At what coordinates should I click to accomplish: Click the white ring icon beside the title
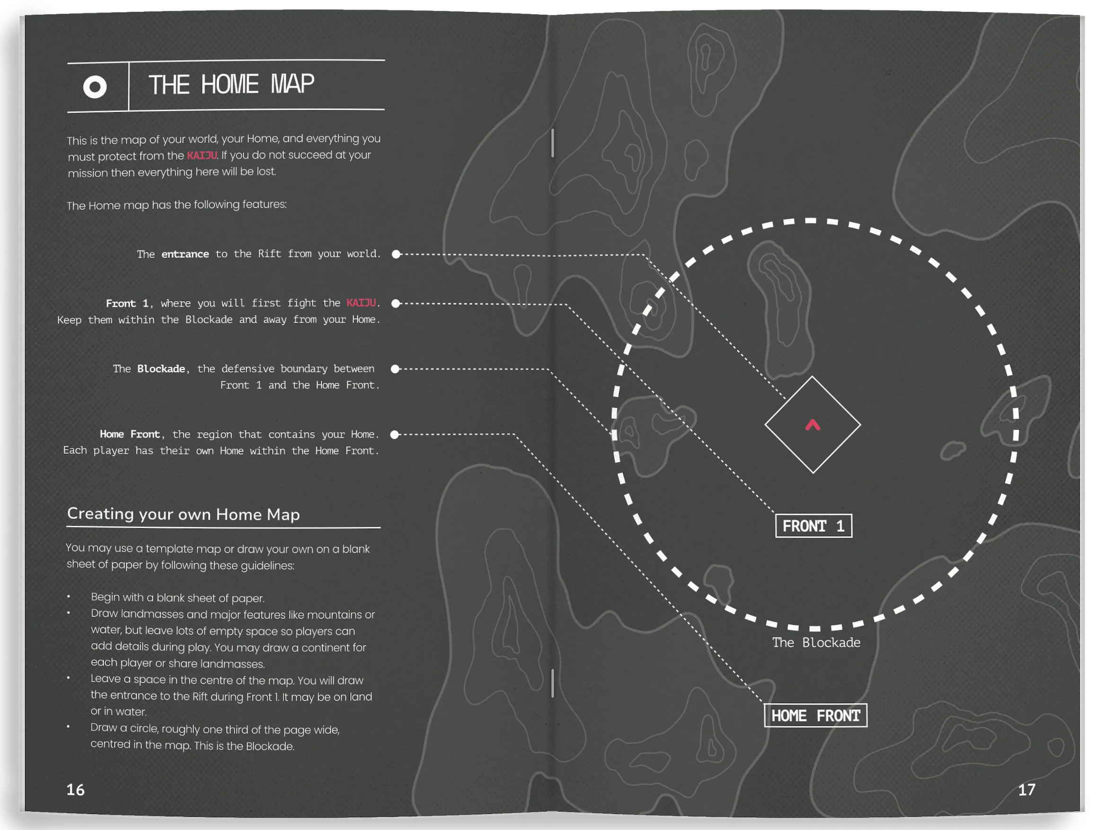click(95, 88)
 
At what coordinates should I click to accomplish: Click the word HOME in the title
click(229, 84)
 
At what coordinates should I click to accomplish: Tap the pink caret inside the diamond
click(813, 425)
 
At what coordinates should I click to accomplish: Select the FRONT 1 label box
click(813, 526)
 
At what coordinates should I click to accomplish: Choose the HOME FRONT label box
click(815, 715)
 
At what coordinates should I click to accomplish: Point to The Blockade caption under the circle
click(816, 643)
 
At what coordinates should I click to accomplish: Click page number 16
click(75, 790)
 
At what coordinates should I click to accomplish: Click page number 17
click(1027, 790)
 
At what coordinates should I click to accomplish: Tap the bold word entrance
click(185, 254)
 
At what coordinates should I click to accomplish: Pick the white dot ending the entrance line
click(396, 255)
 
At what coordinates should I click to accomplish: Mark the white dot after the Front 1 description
click(396, 303)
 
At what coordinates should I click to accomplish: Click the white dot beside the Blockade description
click(395, 369)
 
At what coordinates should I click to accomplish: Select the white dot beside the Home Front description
click(395, 435)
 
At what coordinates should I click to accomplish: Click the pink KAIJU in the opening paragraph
click(202, 155)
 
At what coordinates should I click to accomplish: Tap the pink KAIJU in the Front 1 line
click(361, 303)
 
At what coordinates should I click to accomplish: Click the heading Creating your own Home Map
click(183, 514)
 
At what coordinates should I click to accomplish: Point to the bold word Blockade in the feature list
click(161, 369)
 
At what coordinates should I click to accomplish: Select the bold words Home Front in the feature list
click(130, 434)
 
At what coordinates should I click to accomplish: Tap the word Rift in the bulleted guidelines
click(200, 696)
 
